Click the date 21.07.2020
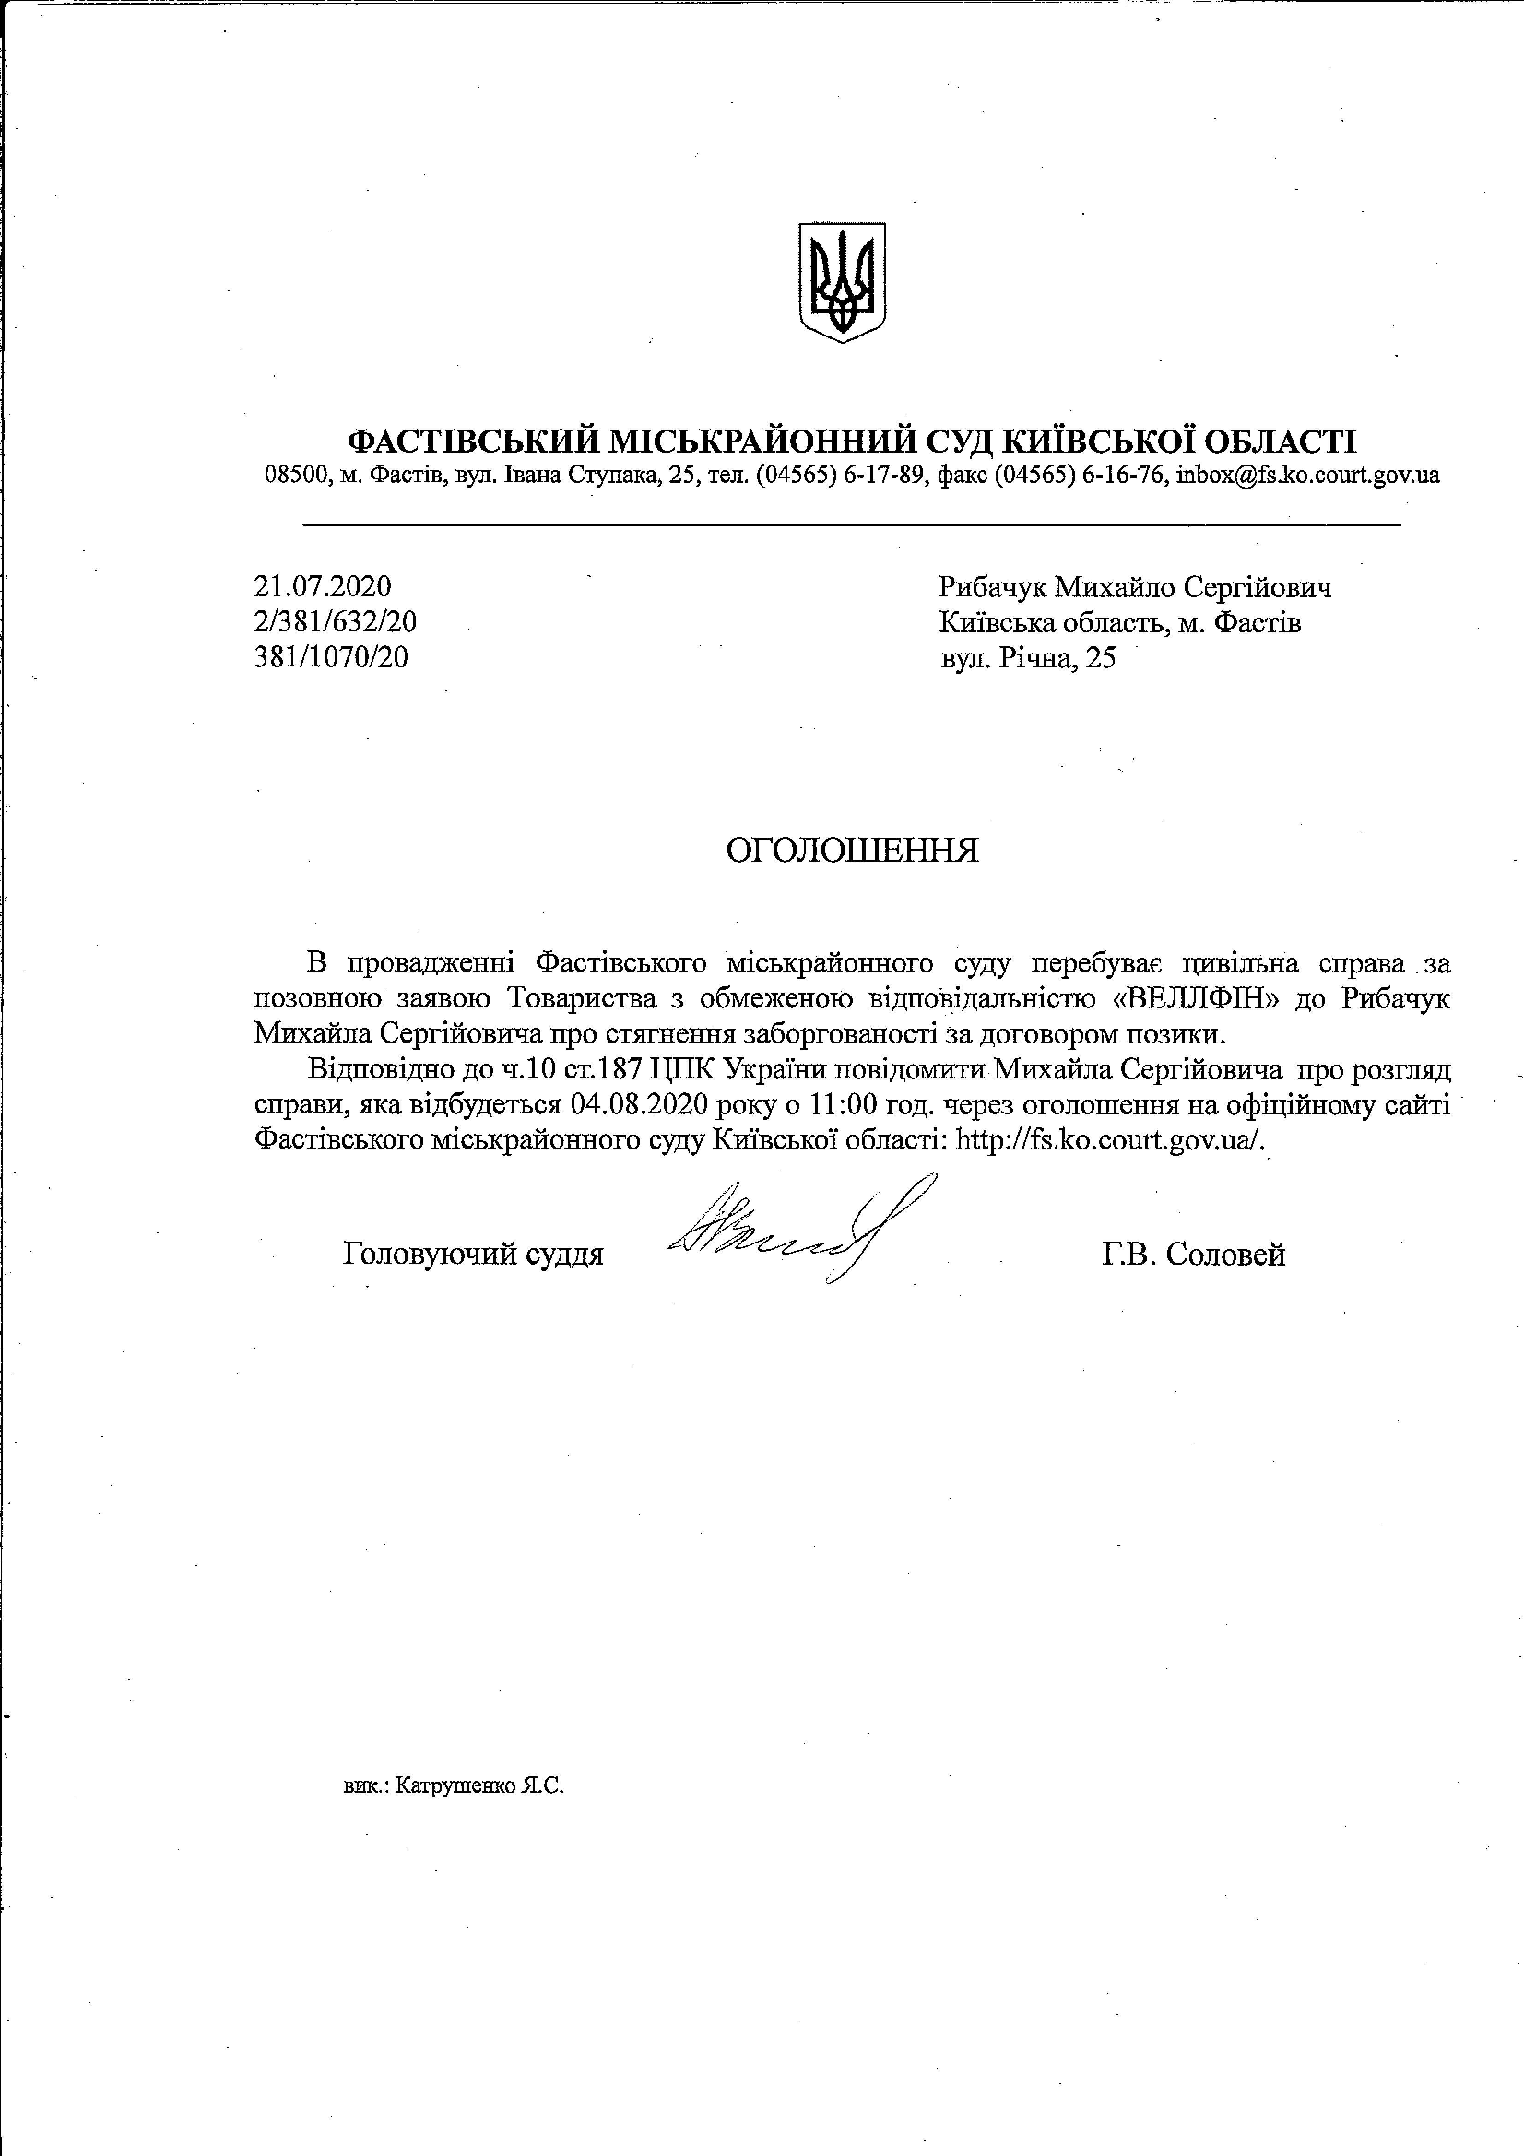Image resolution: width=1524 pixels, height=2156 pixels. click(322, 587)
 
